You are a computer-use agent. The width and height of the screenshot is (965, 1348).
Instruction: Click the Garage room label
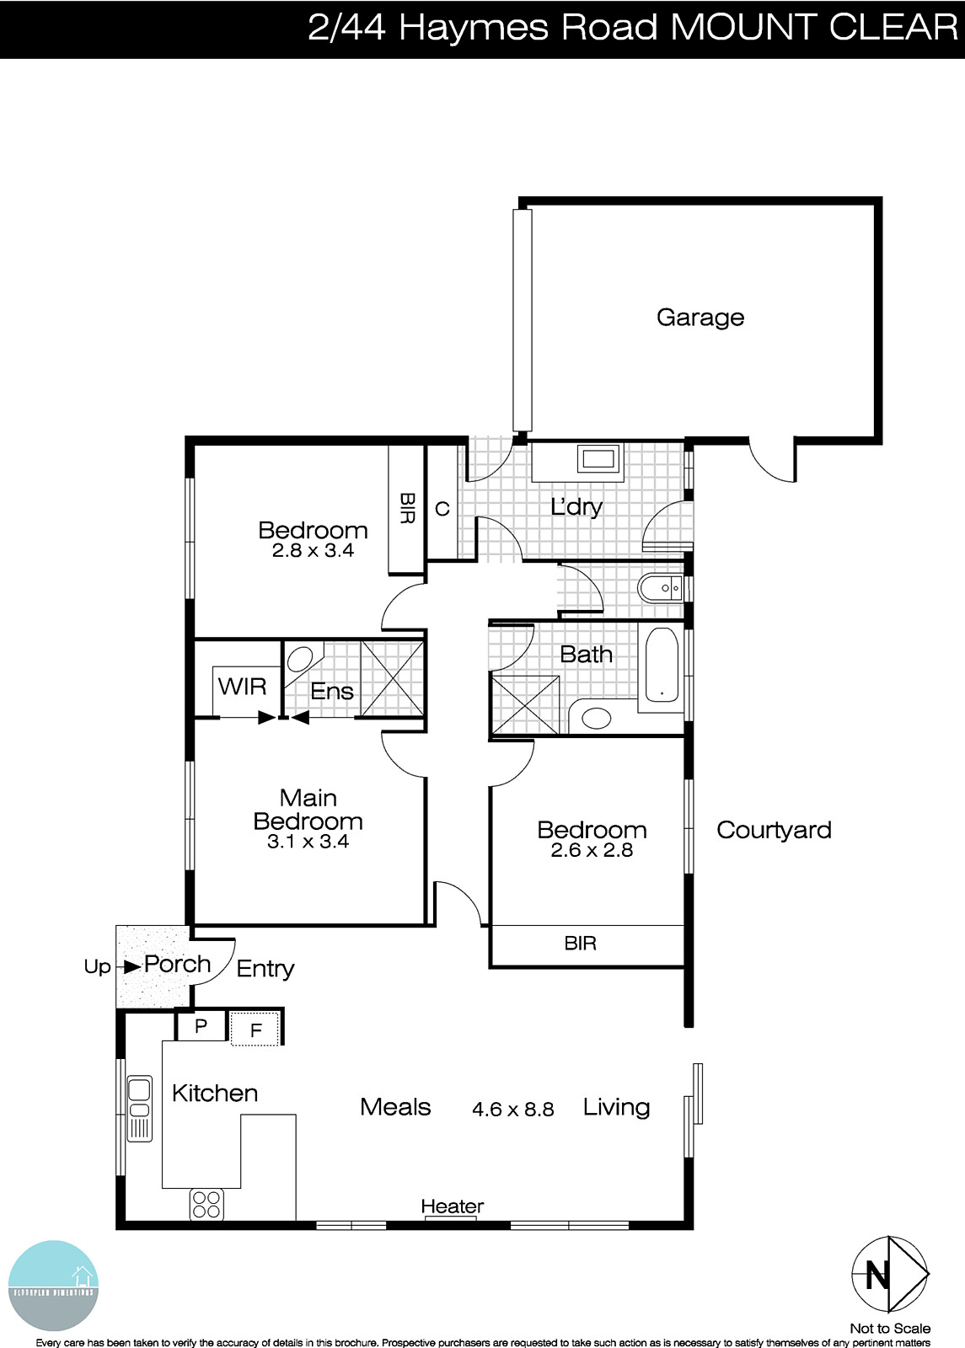point(700,318)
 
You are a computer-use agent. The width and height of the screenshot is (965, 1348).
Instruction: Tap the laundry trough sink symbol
point(599,460)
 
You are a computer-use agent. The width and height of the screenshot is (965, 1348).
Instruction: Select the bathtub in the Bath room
point(662,665)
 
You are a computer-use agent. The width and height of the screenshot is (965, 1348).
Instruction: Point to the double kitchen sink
point(139,1108)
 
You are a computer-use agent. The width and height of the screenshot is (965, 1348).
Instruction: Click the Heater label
point(453,1206)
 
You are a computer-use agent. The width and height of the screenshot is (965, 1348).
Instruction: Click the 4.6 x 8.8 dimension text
point(512,1110)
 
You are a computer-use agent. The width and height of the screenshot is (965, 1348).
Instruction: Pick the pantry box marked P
point(201,1026)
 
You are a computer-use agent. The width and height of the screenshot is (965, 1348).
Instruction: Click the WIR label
point(242,687)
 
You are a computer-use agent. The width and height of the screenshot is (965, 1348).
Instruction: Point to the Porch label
point(177,964)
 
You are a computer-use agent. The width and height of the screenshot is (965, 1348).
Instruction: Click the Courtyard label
point(773,830)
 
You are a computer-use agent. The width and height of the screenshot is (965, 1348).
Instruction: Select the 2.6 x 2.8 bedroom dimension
point(592,850)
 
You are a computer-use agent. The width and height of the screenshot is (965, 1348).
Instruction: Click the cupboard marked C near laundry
point(442,509)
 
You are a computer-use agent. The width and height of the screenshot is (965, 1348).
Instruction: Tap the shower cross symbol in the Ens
point(392,678)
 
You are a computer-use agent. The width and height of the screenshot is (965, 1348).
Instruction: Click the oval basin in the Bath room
point(597,719)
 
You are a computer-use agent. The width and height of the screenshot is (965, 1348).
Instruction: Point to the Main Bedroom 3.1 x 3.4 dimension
point(308,841)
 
